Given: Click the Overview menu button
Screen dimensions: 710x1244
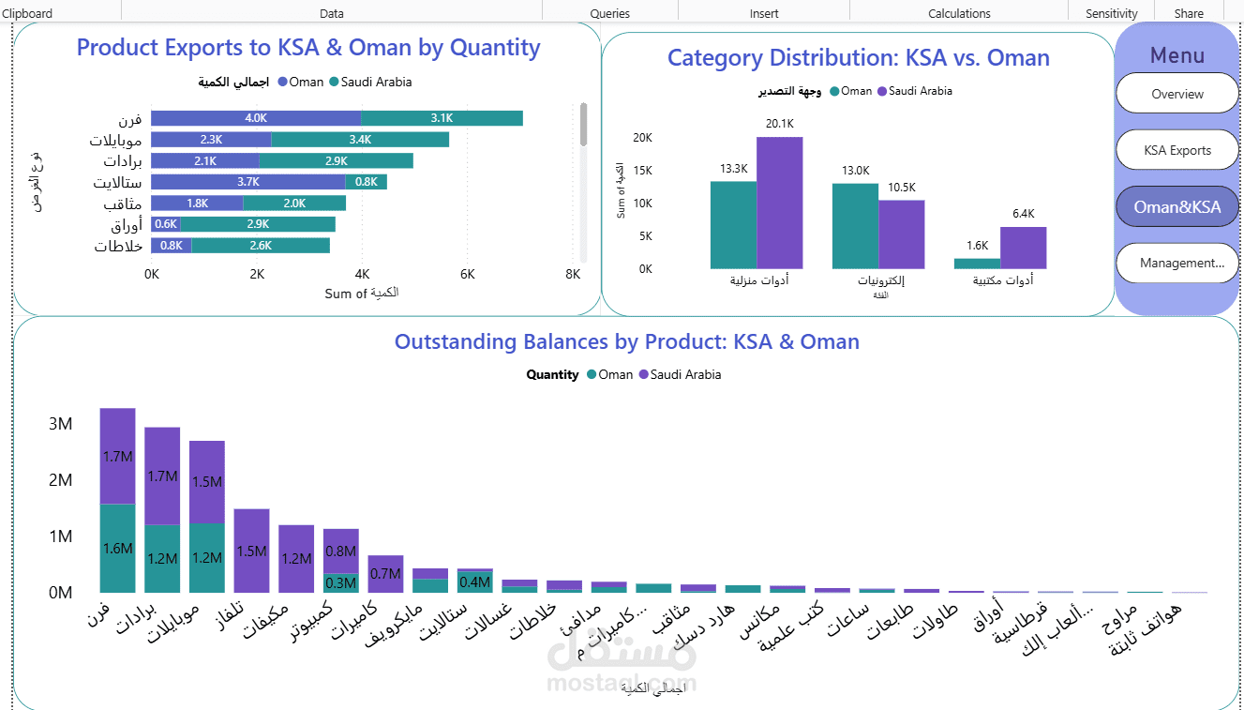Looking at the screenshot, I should pyautogui.click(x=1177, y=94).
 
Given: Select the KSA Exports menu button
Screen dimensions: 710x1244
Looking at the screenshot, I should pyautogui.click(x=1177, y=150).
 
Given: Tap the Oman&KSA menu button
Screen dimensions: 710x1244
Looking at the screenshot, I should pyautogui.click(x=1177, y=207).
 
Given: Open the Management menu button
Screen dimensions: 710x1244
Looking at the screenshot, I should pyautogui.click(x=1177, y=264).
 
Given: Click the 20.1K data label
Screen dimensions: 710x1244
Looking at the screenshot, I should pyautogui.click(x=779, y=124).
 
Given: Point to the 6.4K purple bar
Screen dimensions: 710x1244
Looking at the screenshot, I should pyautogui.click(x=1023, y=249).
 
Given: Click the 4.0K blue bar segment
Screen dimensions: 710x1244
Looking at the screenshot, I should pyautogui.click(x=256, y=118).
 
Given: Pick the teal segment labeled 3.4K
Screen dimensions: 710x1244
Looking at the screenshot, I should pyautogui.click(x=360, y=140).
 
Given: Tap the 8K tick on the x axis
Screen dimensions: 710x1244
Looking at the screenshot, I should pyautogui.click(x=573, y=275).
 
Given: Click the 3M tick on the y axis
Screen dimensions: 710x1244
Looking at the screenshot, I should pyautogui.click(x=61, y=424).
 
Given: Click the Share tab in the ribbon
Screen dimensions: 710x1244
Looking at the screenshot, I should pyautogui.click(x=1189, y=14).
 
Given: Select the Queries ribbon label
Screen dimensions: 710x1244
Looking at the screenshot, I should pyautogui.click(x=609, y=14).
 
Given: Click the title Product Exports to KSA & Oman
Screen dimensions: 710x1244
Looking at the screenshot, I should pyautogui.click(x=308, y=48).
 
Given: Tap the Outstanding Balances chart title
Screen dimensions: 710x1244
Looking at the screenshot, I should pyautogui.click(x=626, y=341).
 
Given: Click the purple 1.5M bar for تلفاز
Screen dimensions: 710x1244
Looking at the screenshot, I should pyautogui.click(x=251, y=551).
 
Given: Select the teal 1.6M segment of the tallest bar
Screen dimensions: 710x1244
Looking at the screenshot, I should pyautogui.click(x=117, y=549).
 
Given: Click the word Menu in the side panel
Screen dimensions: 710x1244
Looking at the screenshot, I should pyautogui.click(x=1177, y=55).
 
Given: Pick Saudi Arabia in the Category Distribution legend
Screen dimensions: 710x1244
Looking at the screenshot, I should pyautogui.click(x=920, y=91).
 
